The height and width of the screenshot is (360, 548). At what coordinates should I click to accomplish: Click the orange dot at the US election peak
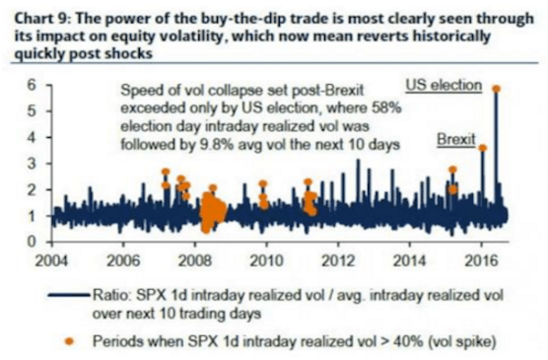[x=495, y=89]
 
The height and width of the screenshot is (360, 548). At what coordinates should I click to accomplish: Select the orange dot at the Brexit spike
[x=483, y=148]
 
